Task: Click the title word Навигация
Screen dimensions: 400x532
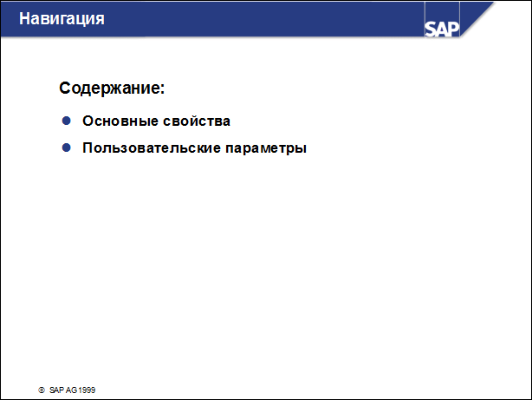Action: [x=62, y=17]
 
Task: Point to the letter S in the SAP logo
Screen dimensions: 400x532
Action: [x=431, y=29]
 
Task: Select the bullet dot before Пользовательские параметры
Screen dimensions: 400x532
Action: [x=65, y=148]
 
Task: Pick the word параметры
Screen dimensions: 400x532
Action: [x=266, y=149]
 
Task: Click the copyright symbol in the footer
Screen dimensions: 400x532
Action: [x=42, y=391]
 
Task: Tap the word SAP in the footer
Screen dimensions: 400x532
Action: [x=57, y=391]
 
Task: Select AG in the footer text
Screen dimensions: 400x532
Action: [x=72, y=391]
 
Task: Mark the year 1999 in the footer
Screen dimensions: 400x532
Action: [x=87, y=391]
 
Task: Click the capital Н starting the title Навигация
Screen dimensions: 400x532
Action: [x=24, y=17]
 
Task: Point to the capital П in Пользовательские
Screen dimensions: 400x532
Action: [x=88, y=148]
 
